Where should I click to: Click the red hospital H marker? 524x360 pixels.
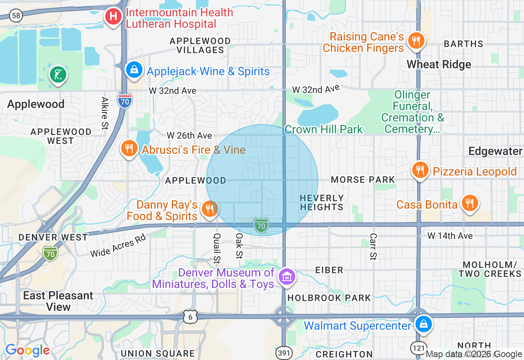pos(113,17)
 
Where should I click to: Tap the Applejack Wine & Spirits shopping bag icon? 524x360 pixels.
pos(134,70)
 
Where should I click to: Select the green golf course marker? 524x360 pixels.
pos(58,75)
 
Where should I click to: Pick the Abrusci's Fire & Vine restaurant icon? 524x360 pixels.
pos(129,148)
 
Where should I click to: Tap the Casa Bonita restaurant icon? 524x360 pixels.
pos(470,203)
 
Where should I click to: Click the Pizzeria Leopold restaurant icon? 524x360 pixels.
pos(420,170)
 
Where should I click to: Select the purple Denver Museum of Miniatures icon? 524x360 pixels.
pos(287,277)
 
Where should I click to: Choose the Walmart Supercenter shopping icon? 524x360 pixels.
pos(424,324)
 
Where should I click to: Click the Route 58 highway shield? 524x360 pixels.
pos(16,16)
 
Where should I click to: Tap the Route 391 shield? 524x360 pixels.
pos(284,353)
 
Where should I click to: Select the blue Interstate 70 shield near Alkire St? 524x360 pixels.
pos(124,100)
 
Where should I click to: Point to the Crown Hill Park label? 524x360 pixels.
pos(323,130)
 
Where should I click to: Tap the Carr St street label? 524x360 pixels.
pos(373,246)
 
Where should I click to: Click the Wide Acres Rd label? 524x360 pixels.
pos(118,246)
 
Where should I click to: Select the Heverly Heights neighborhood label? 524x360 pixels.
pos(321,202)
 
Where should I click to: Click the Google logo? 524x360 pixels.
pos(27,350)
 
